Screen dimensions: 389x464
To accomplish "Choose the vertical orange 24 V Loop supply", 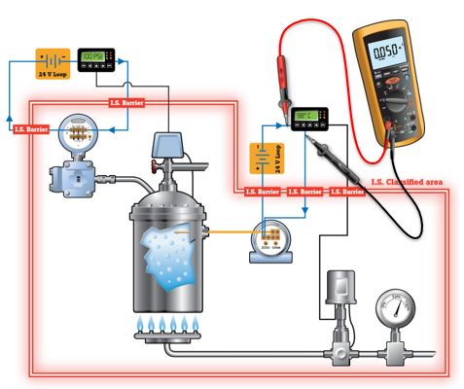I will click(x=262, y=159).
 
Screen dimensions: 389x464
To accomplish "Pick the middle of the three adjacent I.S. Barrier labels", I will click(x=304, y=193).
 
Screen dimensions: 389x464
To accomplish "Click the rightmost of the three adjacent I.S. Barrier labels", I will click(x=346, y=193).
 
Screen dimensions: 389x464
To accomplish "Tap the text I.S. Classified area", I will click(x=406, y=182).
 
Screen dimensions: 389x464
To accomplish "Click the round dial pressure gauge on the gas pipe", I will click(x=394, y=310).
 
